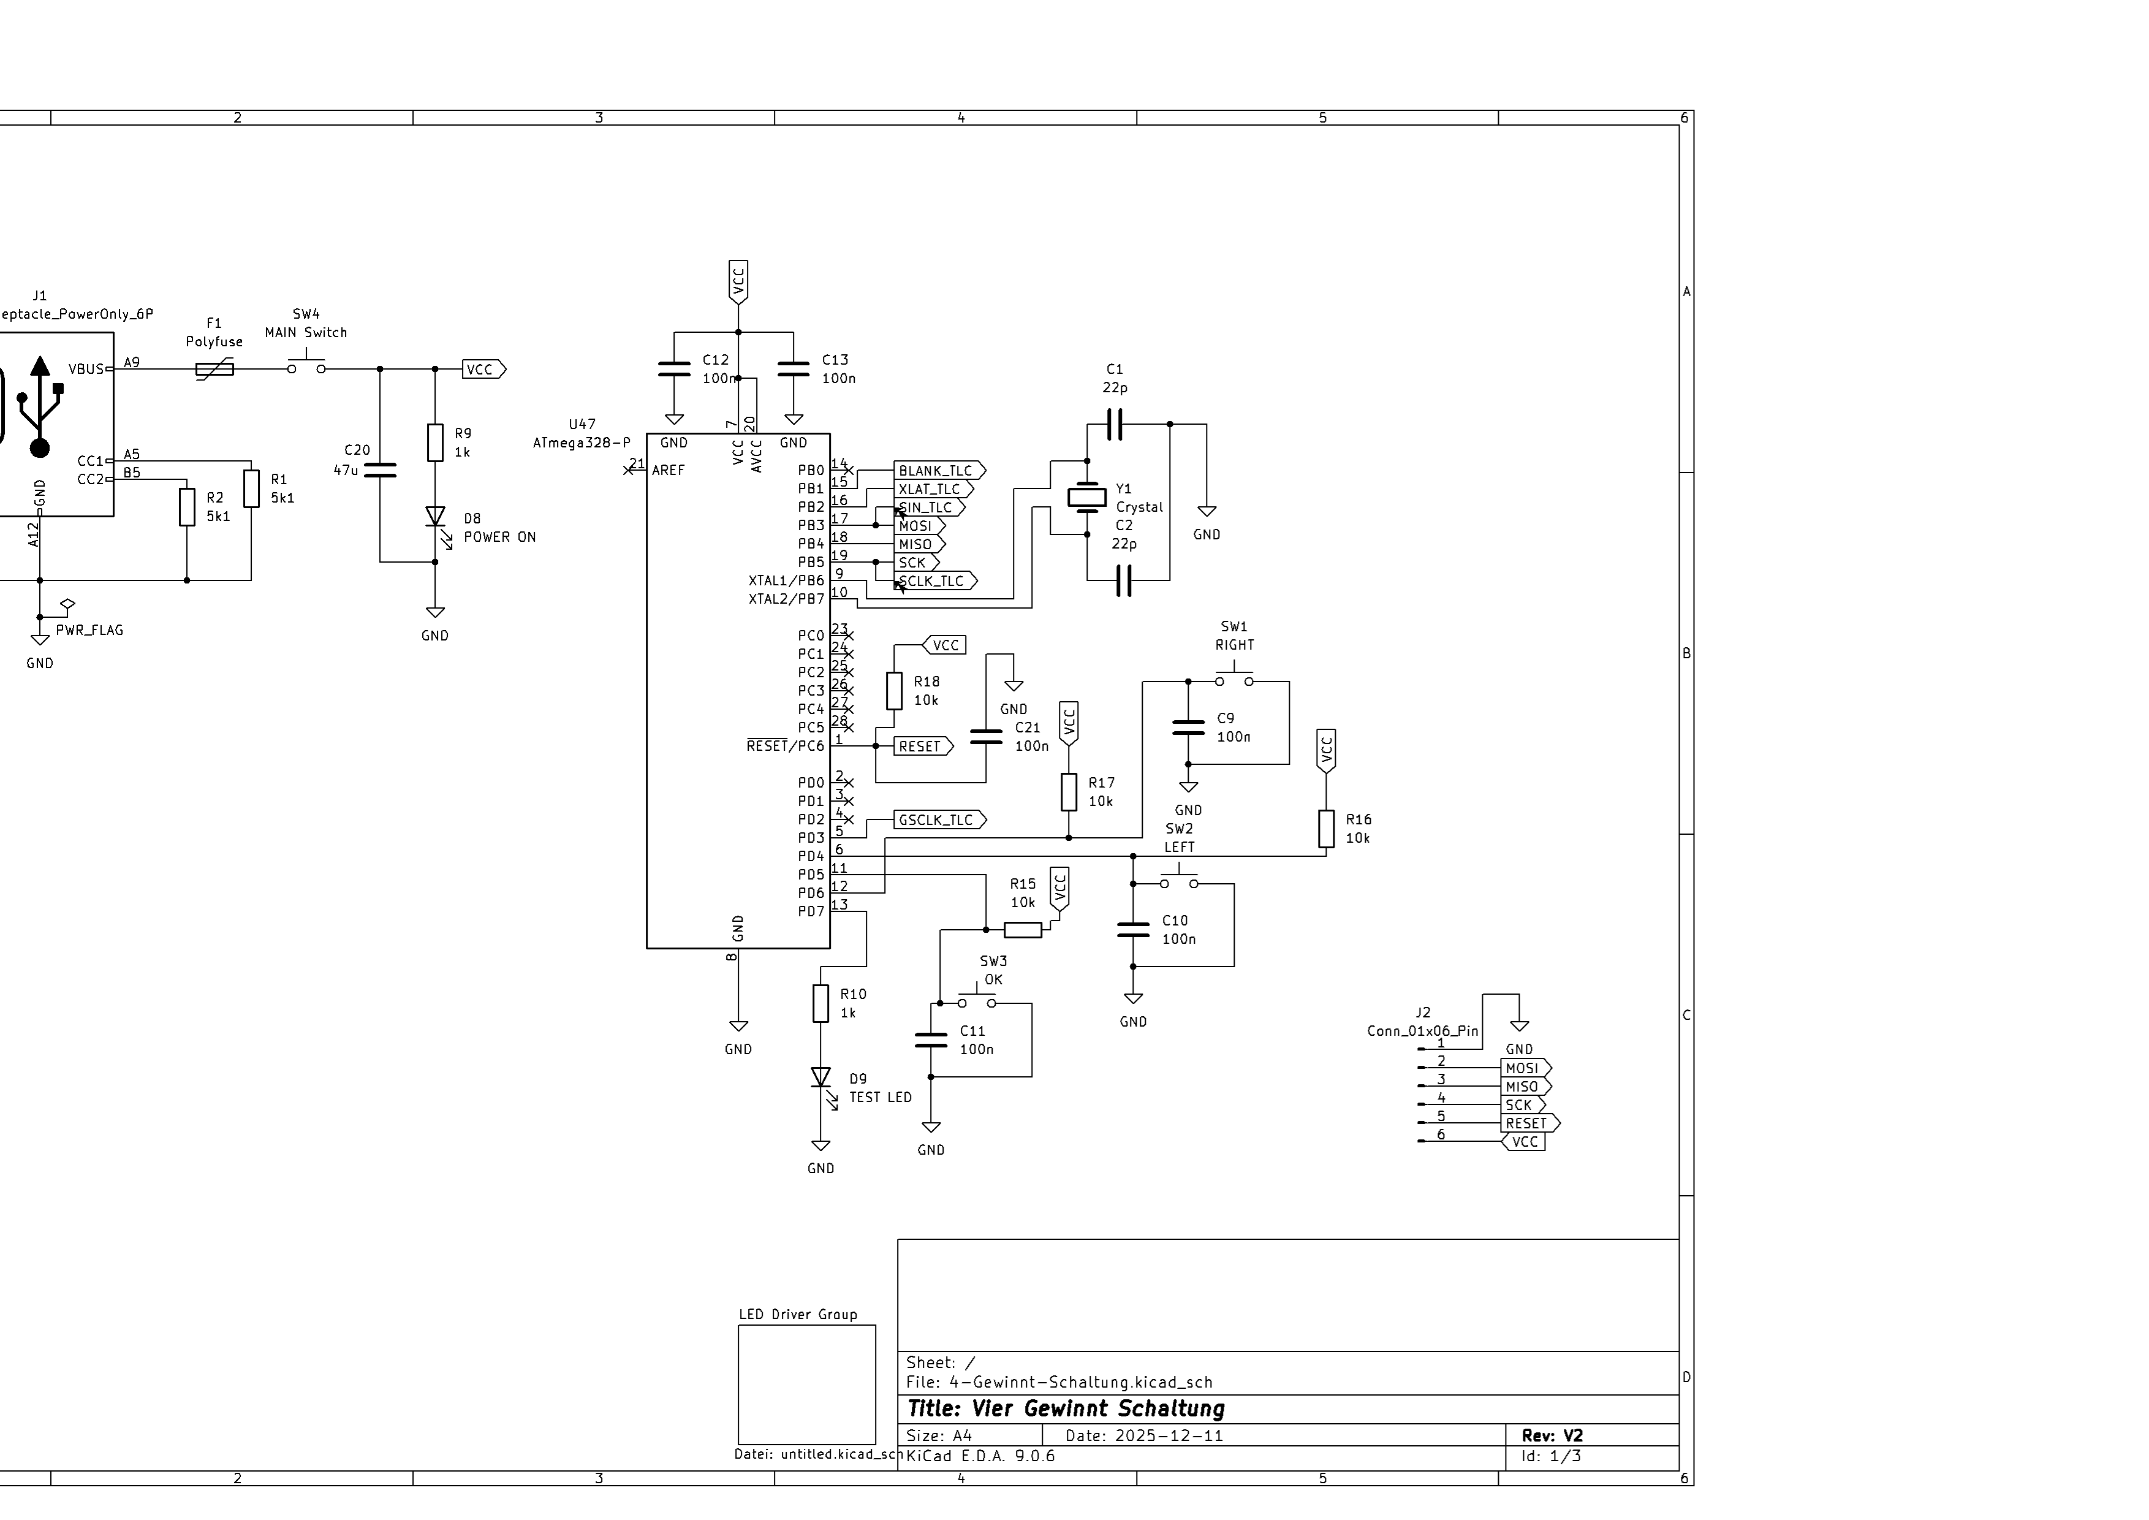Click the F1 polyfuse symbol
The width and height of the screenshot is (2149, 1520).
(214, 370)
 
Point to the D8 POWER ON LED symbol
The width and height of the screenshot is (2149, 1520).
(435, 517)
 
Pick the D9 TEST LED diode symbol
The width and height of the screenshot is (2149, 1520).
(821, 1078)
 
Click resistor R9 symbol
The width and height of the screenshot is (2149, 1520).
(435, 443)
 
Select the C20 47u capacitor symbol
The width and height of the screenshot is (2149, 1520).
(380, 470)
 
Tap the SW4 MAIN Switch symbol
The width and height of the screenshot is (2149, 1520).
(306, 367)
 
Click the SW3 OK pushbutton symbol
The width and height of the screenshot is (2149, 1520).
(976, 1000)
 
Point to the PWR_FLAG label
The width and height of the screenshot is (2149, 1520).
(89, 630)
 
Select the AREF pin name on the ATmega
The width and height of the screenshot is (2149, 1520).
(669, 471)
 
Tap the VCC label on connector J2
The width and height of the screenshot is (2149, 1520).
(1524, 1142)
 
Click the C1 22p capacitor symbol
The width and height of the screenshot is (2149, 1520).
(1114, 424)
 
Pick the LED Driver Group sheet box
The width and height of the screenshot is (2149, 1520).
(807, 1385)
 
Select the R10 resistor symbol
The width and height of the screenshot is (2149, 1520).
(821, 1003)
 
